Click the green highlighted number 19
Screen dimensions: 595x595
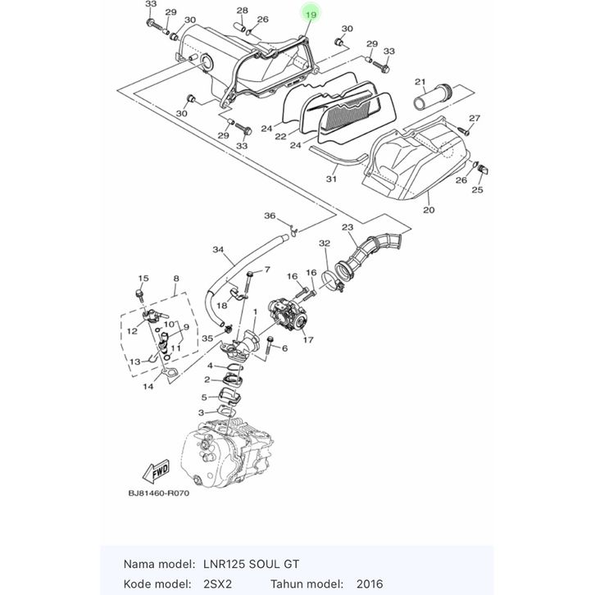coord(311,15)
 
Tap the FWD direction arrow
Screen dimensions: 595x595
coord(156,472)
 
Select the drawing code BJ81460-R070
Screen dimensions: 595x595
coord(159,493)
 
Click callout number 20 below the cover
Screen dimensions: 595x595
coord(429,210)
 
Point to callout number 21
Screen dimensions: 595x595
coord(420,82)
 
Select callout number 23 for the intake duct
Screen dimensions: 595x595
coord(347,227)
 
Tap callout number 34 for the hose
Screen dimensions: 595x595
coord(218,250)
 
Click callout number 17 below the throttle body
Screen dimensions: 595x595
coord(308,339)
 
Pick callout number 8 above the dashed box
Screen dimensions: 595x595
coord(176,279)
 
